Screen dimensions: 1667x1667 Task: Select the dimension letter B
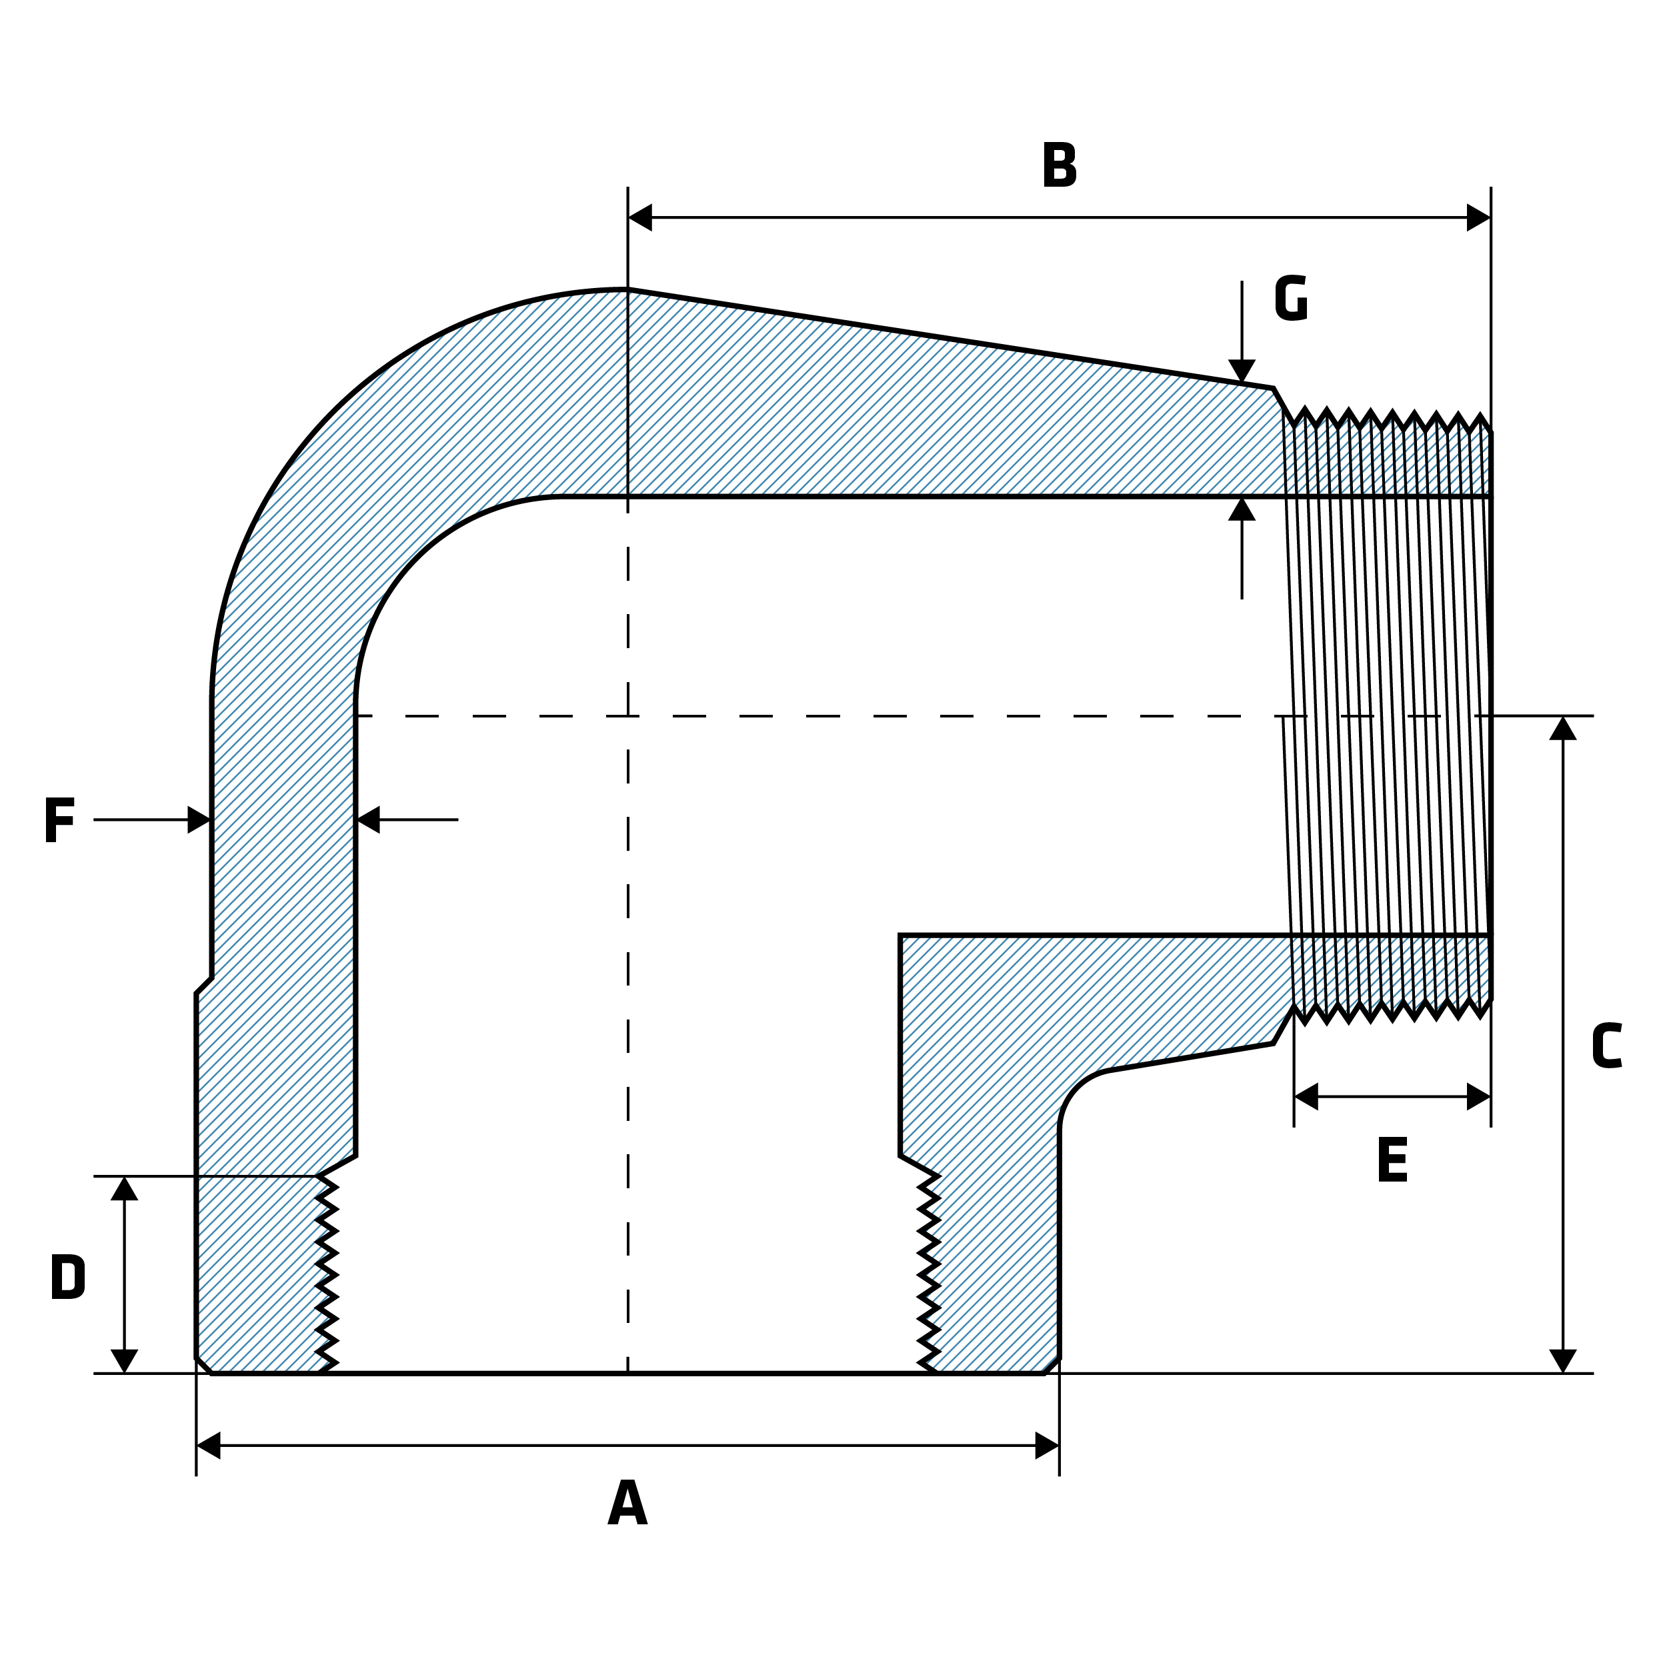(x=1059, y=164)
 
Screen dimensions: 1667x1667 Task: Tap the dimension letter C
(x=1606, y=1045)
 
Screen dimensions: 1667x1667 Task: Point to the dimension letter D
(x=67, y=1276)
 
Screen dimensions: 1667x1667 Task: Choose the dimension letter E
(x=1393, y=1160)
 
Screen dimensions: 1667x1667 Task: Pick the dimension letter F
(x=59, y=819)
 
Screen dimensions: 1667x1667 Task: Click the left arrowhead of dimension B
(x=640, y=217)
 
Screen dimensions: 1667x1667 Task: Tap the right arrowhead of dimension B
(x=1478, y=217)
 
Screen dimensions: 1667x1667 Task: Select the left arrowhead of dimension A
(x=209, y=1445)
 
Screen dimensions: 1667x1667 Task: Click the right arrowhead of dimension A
(x=1047, y=1445)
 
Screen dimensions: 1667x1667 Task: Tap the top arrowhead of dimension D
(x=124, y=1188)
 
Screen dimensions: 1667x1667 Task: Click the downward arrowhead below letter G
(x=1242, y=371)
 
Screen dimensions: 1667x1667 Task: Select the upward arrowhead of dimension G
(x=1242, y=509)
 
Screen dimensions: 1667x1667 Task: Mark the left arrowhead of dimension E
(x=1306, y=1097)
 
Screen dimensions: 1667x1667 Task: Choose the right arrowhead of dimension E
(x=1478, y=1097)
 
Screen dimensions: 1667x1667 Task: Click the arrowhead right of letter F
(x=199, y=819)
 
